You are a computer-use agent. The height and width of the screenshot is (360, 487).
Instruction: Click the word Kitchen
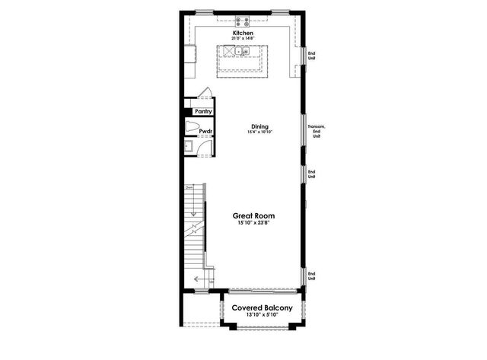243,33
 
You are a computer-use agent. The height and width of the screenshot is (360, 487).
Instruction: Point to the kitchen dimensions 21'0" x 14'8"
243,40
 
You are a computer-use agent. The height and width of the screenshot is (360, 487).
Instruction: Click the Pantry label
203,111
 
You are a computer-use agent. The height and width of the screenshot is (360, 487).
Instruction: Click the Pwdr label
205,131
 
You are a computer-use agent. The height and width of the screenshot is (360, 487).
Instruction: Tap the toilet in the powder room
192,128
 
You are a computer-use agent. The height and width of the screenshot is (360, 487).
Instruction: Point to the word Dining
260,126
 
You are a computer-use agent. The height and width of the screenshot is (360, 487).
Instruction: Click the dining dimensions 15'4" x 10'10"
260,132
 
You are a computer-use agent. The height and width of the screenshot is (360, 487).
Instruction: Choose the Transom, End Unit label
316,131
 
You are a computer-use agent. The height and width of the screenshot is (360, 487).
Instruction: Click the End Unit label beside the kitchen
311,55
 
